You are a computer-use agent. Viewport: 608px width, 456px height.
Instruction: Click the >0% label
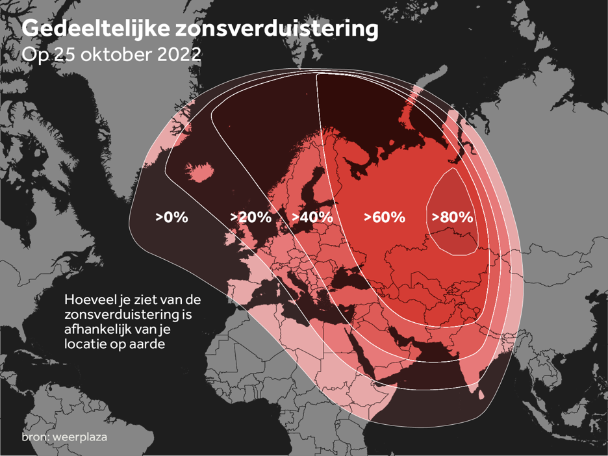[171, 218]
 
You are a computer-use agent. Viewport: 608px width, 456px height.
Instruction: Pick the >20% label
[251, 218]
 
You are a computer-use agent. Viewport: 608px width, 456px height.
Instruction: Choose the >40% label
[312, 218]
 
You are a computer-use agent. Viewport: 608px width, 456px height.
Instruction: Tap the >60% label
[385, 218]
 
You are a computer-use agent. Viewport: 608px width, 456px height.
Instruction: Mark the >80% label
[453, 218]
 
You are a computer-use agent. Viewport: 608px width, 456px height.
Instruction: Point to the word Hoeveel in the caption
[88, 300]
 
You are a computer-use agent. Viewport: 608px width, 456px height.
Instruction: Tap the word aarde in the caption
[146, 344]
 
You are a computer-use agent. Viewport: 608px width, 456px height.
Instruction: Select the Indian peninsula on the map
[468, 364]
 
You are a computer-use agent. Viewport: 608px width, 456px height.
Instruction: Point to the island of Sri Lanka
[481, 395]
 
